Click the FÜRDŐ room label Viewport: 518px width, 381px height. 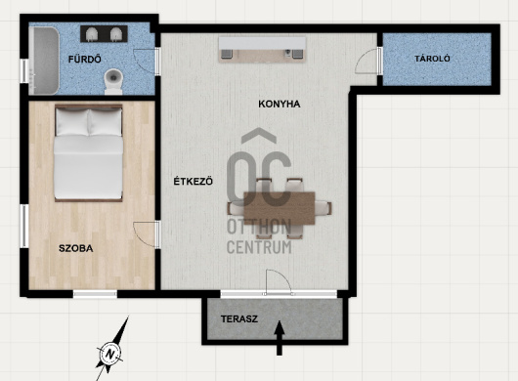tap(85, 59)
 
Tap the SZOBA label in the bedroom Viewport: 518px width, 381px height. tap(75, 248)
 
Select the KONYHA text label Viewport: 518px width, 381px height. tap(280, 104)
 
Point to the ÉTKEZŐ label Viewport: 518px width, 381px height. tap(194, 182)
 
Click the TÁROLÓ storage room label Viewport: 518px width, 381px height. tap(432, 59)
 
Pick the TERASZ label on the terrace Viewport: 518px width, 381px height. tap(239, 319)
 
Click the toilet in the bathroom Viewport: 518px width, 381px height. tap(113, 81)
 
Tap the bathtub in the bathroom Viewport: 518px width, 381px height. tap(44, 61)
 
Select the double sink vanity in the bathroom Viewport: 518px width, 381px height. tap(104, 34)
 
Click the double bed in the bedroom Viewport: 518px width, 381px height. tap(89, 152)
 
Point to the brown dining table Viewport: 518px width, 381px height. tap(280, 208)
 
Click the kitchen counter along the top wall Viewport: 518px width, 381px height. tap(262, 49)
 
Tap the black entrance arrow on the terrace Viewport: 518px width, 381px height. tap(280, 338)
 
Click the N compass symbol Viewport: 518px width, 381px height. tap(109, 355)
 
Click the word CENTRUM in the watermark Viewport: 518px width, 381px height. tap(259, 247)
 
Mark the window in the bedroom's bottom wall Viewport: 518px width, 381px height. tap(95, 294)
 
